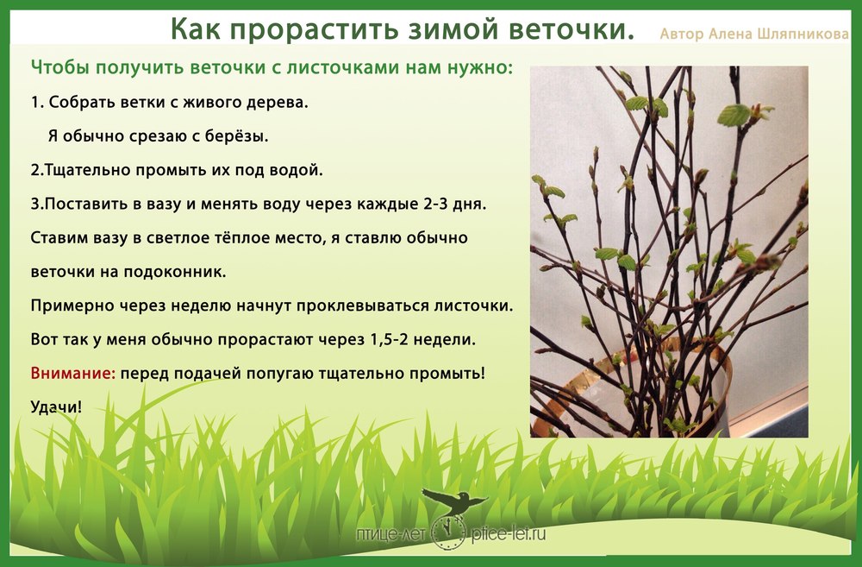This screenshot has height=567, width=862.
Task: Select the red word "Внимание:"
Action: click(73, 373)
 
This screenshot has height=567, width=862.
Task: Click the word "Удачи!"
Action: click(56, 406)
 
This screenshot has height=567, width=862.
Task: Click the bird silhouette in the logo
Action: click(454, 501)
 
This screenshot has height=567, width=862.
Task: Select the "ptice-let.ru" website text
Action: click(509, 532)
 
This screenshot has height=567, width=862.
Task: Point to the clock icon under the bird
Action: click(448, 532)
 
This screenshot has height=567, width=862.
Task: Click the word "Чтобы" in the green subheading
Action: click(59, 67)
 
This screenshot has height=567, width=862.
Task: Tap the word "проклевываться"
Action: click(363, 306)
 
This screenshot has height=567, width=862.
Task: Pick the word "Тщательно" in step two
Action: click(87, 170)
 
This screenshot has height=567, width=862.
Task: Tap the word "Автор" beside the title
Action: click(682, 35)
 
